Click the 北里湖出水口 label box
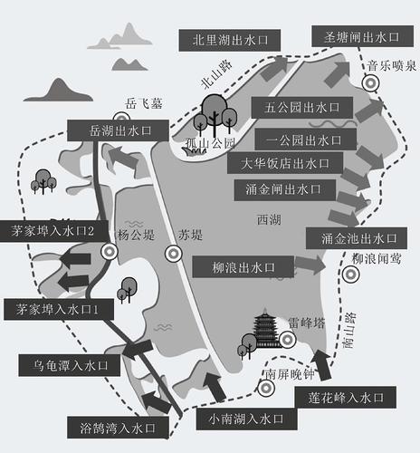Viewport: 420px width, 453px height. pyautogui.click(x=230, y=40)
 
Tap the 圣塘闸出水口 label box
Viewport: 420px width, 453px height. pyautogui.click(x=362, y=36)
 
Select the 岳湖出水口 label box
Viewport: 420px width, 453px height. pyautogui.click(x=118, y=130)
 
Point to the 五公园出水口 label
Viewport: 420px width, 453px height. pyautogui.click(x=302, y=108)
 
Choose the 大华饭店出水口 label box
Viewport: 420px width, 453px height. pyautogui.click(x=285, y=163)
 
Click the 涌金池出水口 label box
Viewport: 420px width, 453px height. pyautogui.click(x=357, y=238)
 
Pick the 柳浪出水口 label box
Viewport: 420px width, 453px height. pyautogui.click(x=243, y=267)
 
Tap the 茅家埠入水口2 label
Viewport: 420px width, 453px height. pyautogui.click(x=54, y=231)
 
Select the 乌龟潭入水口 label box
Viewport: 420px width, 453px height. pyautogui.click(x=70, y=366)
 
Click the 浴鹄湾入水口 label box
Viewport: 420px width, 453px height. pyautogui.click(x=118, y=428)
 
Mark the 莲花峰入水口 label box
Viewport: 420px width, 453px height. pyautogui.click(x=346, y=397)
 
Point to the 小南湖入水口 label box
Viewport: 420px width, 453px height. pyautogui.click(x=247, y=419)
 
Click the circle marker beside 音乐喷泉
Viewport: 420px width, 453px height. pyautogui.click(x=370, y=83)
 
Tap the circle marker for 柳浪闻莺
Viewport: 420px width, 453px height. pyautogui.click(x=350, y=275)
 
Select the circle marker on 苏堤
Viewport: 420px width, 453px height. pyautogui.click(x=174, y=254)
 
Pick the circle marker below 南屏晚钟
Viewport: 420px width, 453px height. pyautogui.click(x=266, y=388)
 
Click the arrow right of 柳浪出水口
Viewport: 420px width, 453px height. pyautogui.click(x=310, y=265)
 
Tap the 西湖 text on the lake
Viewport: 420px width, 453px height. pyautogui.click(x=269, y=219)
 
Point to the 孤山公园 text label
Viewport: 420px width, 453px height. pyautogui.click(x=210, y=143)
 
